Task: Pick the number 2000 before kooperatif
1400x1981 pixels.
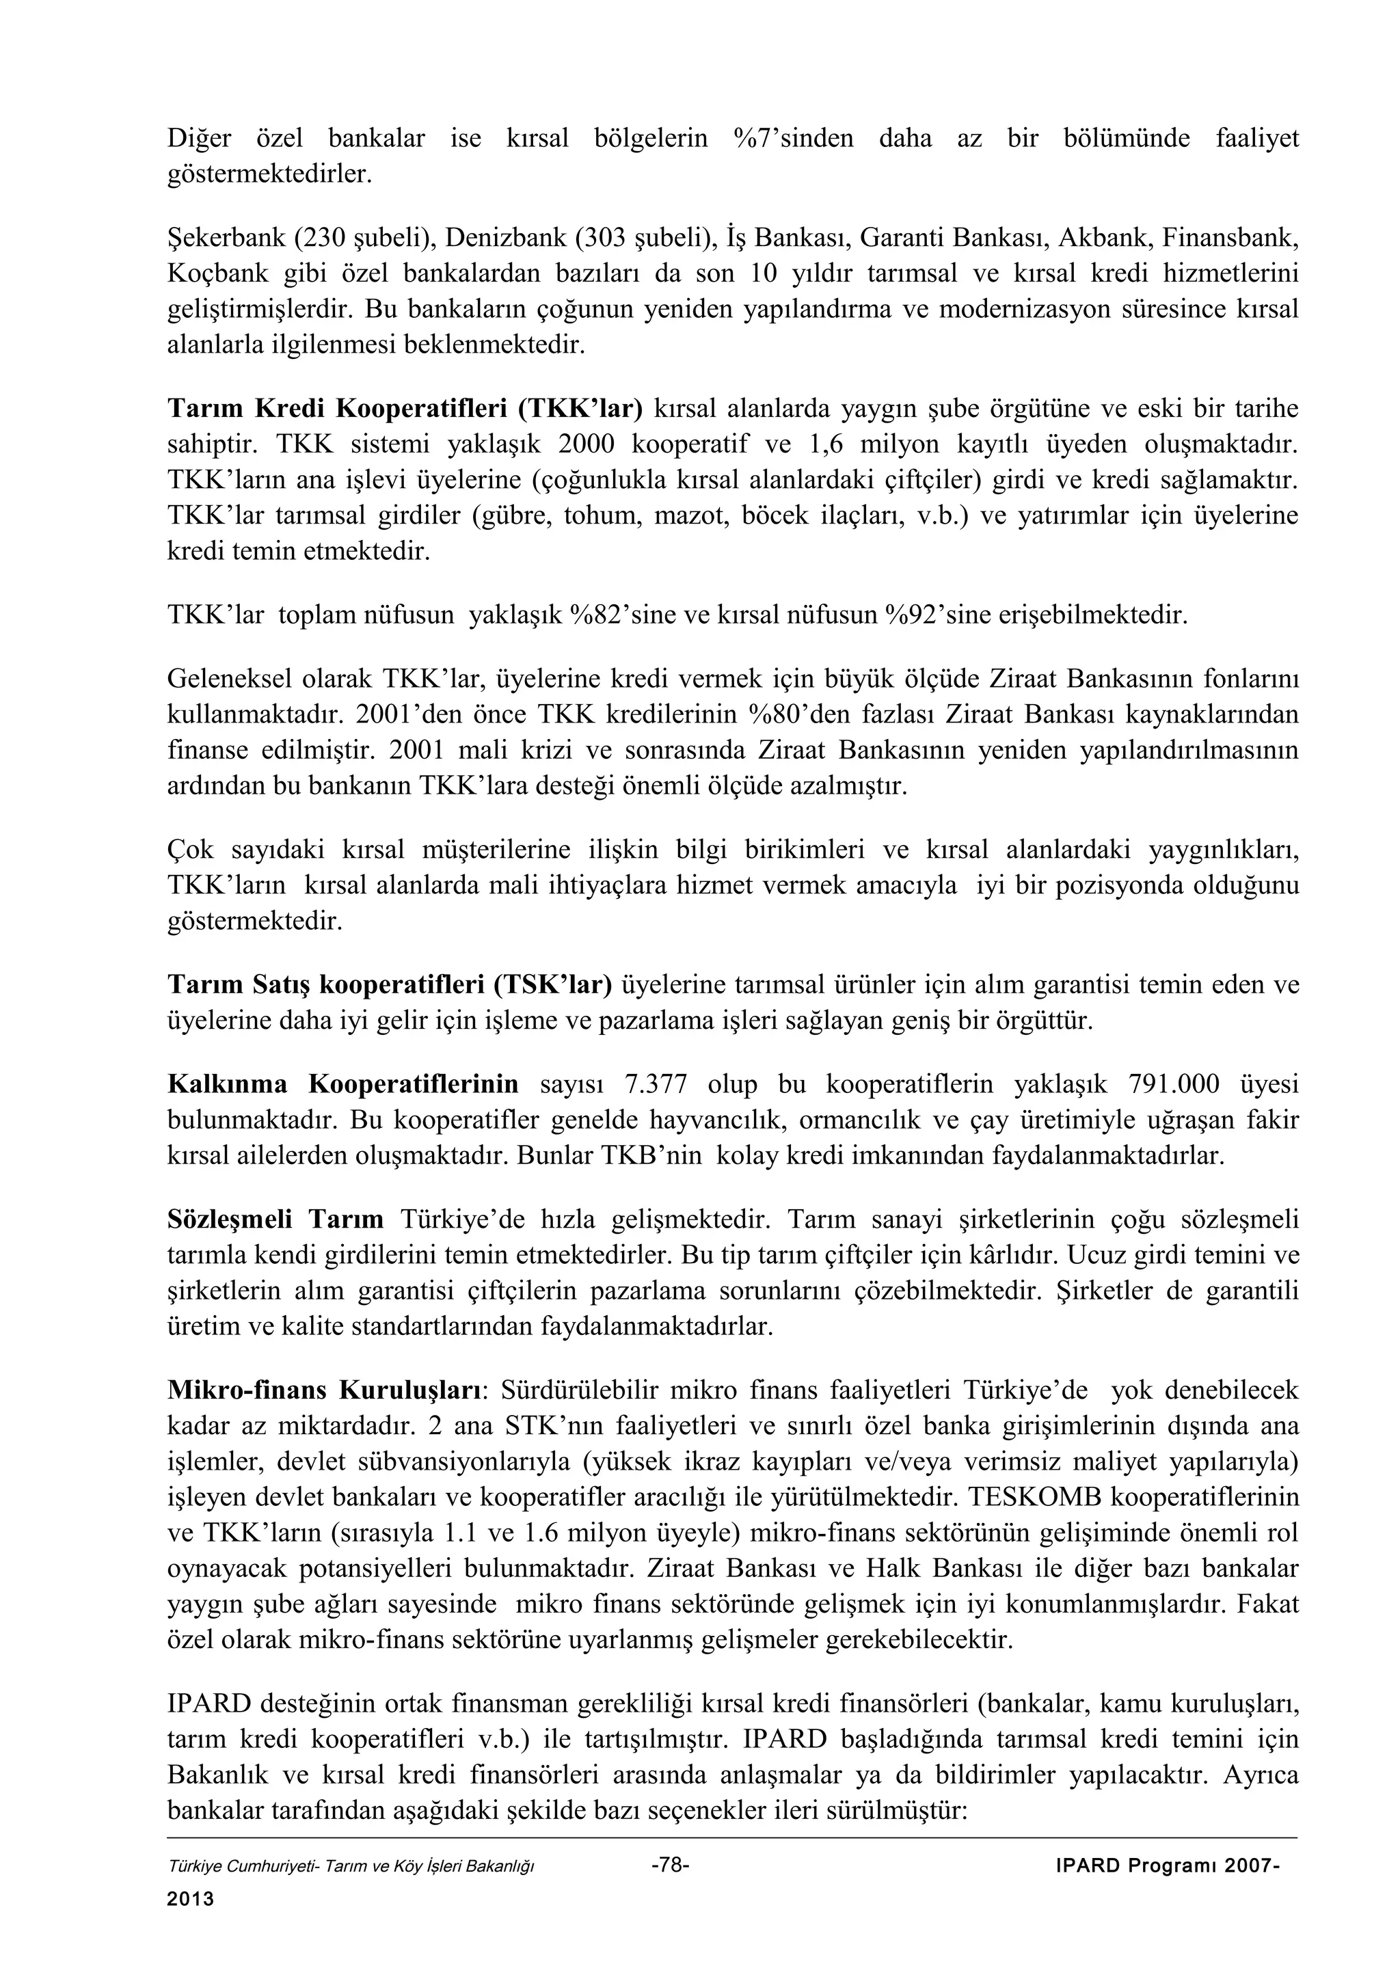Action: [586, 444]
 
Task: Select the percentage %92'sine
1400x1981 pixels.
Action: [938, 615]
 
